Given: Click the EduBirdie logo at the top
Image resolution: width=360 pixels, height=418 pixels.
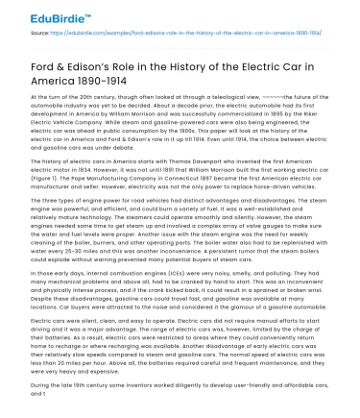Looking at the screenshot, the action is point(46,13).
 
